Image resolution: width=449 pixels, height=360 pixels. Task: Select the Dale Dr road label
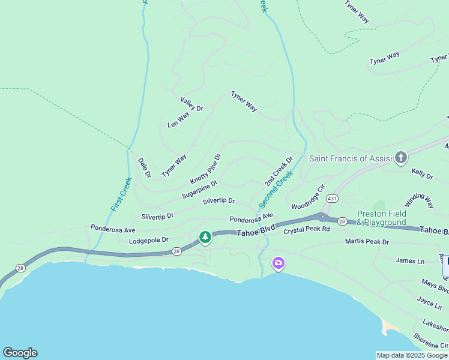[144, 168]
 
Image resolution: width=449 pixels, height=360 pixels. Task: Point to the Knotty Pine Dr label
[206, 169]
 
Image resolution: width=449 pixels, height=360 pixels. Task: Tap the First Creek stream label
[122, 194]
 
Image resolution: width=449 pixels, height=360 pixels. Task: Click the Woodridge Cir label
[308, 197]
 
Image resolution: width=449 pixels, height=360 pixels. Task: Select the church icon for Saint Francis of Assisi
[400, 158]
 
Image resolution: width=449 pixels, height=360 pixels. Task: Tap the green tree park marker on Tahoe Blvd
[205, 238]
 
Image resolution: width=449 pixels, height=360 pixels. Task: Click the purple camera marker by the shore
[278, 263]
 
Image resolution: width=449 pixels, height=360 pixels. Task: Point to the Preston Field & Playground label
[381, 218]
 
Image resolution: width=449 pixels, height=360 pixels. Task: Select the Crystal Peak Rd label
[307, 229]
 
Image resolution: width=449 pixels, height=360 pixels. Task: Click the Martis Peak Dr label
[367, 242]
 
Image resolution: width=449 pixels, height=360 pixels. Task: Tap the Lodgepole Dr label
[149, 240]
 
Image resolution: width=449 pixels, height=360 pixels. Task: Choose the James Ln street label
[410, 260]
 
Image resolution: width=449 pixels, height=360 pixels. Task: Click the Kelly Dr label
[422, 174]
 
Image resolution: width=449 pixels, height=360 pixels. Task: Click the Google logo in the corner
[20, 353]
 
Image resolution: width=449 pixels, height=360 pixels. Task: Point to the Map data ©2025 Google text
[412, 355]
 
